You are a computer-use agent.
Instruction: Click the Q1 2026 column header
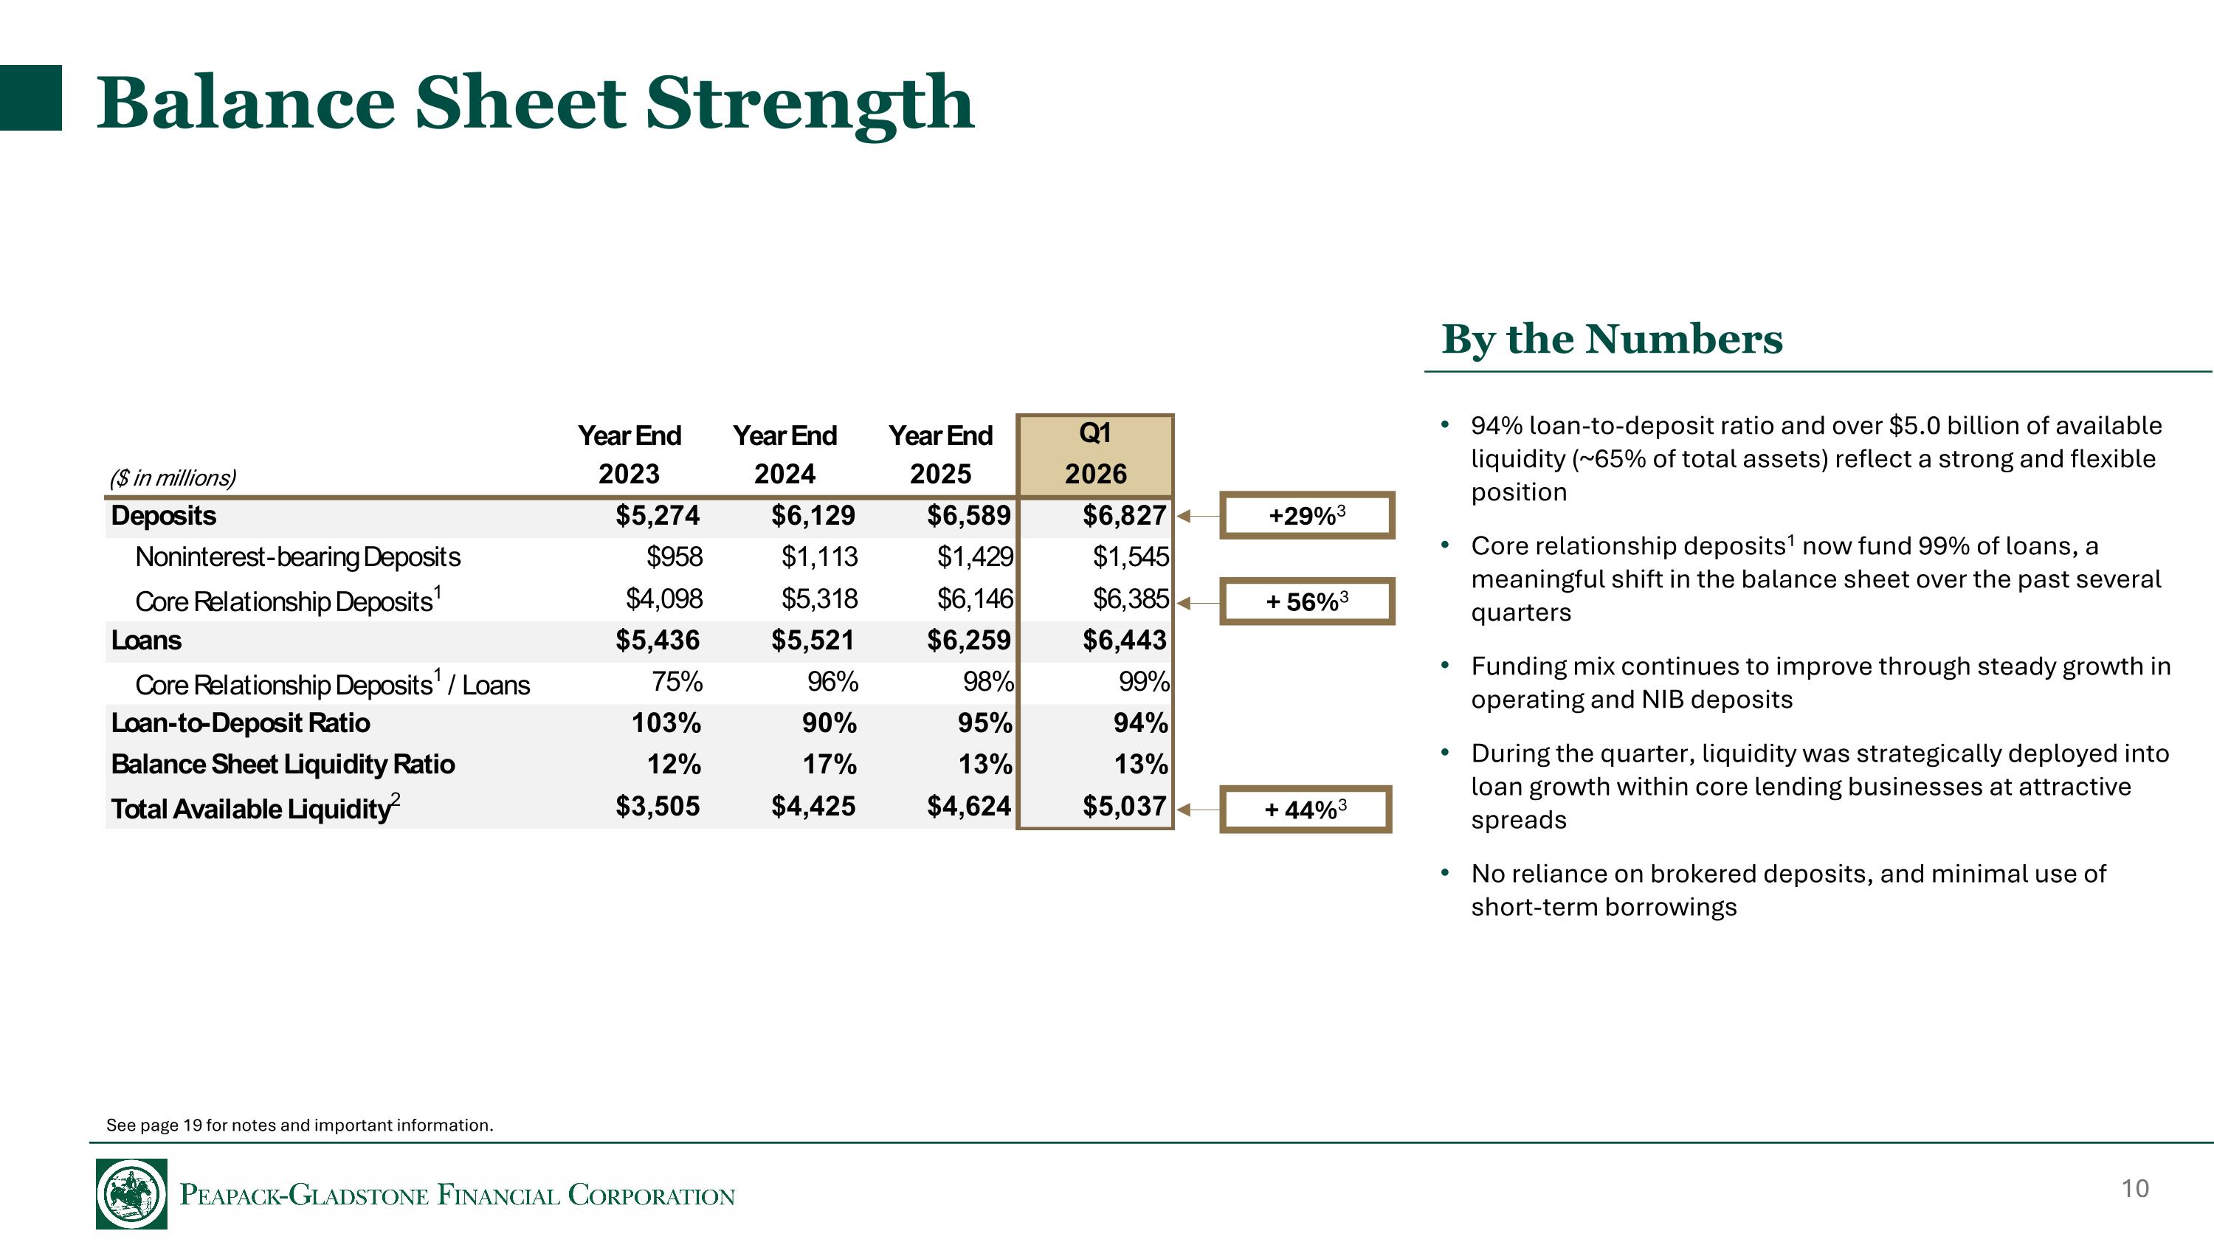click(x=1095, y=455)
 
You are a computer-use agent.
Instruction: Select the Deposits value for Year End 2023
click(x=658, y=516)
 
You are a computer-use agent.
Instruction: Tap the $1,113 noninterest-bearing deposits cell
click(x=819, y=556)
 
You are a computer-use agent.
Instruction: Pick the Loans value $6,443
click(x=1124, y=640)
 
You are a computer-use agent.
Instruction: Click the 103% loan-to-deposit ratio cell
click(x=666, y=722)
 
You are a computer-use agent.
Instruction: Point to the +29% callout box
click(x=1306, y=516)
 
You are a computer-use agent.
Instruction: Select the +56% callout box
click(x=1306, y=601)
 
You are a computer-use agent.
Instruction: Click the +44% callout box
click(x=1305, y=810)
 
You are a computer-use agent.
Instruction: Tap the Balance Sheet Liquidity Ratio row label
click(x=283, y=764)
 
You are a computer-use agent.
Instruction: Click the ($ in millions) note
click(x=172, y=477)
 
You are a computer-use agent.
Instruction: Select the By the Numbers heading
click(x=1612, y=339)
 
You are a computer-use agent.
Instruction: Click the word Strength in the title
click(x=810, y=103)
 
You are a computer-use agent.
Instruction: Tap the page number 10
click(x=2135, y=1188)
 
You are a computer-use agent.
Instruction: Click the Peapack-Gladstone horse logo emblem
click(x=131, y=1193)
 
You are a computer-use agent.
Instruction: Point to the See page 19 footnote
click(x=299, y=1125)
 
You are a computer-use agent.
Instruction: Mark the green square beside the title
click(x=31, y=97)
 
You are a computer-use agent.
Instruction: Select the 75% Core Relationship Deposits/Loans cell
click(x=677, y=681)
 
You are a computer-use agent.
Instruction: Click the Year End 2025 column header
click(x=940, y=455)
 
